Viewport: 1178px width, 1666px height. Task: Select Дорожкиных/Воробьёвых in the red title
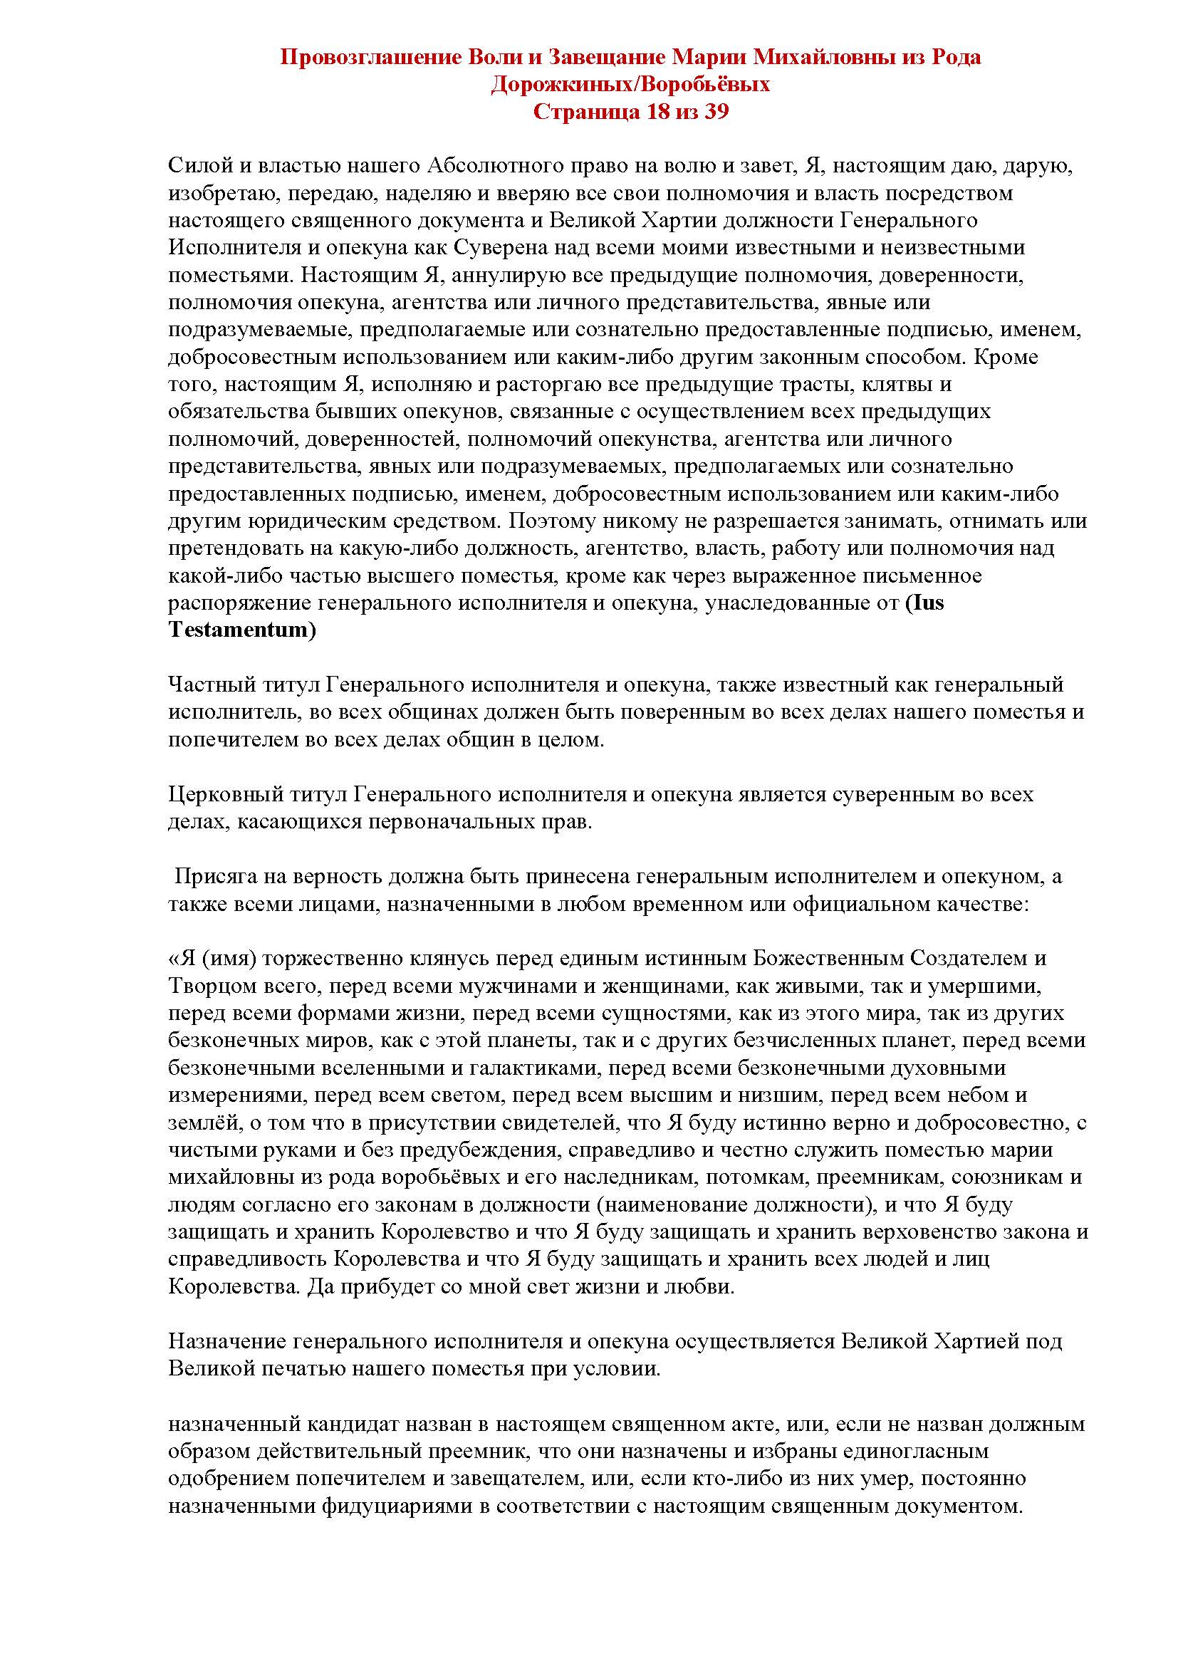630,85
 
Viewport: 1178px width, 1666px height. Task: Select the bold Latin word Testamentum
242,629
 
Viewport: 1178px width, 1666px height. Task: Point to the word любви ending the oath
704,1286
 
